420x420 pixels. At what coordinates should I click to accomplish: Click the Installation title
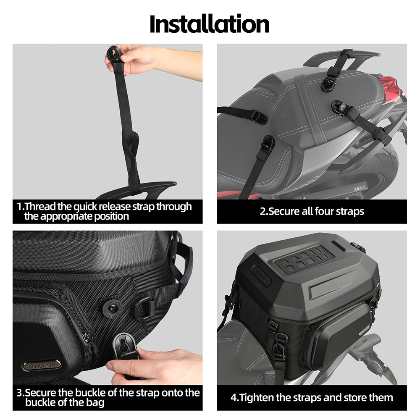tap(210, 24)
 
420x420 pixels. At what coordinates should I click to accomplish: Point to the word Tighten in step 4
tap(255, 397)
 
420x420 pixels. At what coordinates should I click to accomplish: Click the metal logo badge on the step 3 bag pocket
tap(41, 365)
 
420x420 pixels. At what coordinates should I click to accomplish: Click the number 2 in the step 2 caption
tap(263, 211)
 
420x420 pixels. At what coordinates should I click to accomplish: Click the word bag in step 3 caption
tap(96, 403)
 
